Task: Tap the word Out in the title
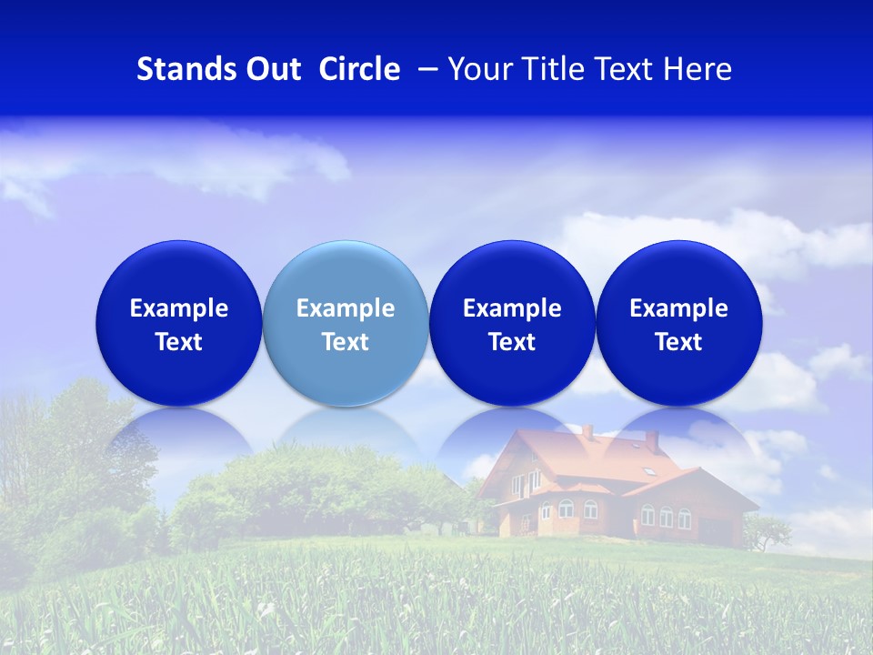point(274,69)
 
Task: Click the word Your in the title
point(477,69)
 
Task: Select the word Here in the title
point(697,69)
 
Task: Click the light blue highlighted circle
point(346,323)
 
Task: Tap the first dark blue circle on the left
point(179,323)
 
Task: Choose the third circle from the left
point(512,323)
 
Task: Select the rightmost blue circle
point(678,323)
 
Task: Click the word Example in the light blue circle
point(346,308)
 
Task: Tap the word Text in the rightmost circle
point(678,342)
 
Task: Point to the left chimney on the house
point(587,431)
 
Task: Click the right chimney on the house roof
point(652,441)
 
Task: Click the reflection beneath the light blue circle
point(346,432)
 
